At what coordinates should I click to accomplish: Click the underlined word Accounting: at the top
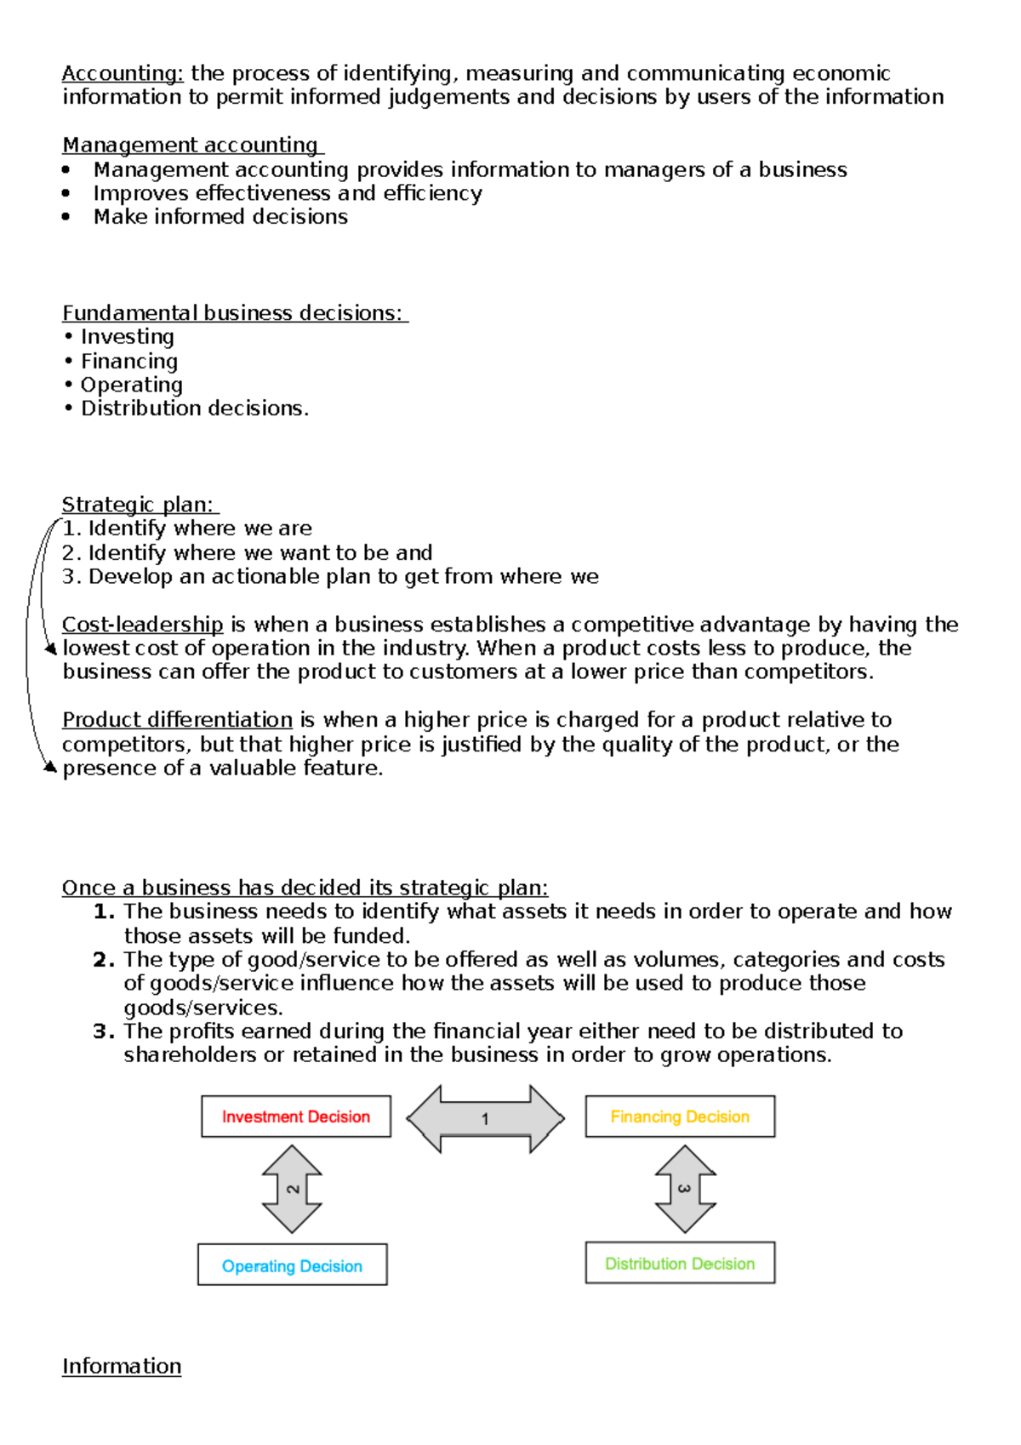(123, 74)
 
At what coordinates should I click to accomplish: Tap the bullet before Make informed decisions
(66, 217)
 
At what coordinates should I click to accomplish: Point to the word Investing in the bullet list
(128, 337)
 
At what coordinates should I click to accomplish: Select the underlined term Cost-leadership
(143, 625)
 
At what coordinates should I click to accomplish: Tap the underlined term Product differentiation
(177, 720)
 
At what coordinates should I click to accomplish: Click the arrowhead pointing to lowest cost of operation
(51, 649)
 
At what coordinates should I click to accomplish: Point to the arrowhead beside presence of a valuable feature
(50, 768)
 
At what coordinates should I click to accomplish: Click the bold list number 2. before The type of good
(104, 960)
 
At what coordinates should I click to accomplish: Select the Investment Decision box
(296, 1117)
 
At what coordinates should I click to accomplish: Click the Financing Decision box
(680, 1117)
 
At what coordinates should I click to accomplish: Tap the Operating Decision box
(292, 1265)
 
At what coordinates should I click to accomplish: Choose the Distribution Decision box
(680, 1264)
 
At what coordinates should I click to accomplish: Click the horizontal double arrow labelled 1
(485, 1119)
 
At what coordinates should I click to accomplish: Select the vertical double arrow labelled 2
(292, 1189)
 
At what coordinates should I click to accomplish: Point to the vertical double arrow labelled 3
(685, 1189)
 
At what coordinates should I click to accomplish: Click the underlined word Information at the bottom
(122, 1367)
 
